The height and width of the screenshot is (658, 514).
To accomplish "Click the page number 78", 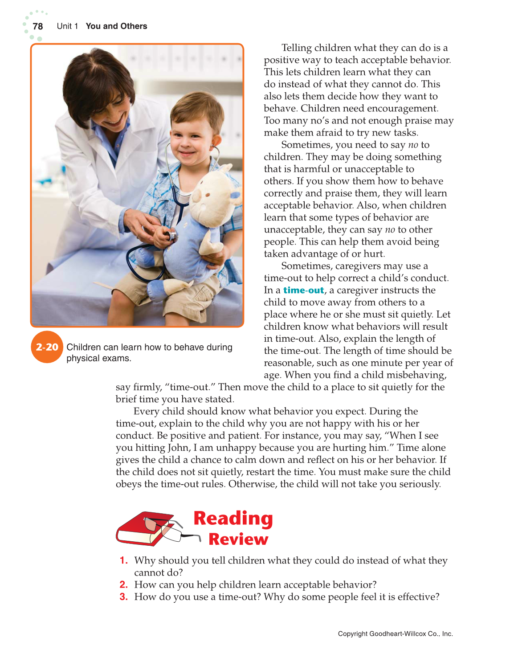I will (38, 26).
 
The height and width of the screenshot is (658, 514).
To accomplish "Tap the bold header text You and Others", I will (116, 26).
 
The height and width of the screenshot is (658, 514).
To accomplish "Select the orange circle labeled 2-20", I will (47, 347).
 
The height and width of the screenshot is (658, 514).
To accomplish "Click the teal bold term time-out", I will (304, 290).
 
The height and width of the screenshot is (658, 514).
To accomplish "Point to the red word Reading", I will (233, 519).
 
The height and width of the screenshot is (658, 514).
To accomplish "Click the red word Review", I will (238, 539).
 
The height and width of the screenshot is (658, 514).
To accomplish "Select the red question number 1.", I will (124, 560).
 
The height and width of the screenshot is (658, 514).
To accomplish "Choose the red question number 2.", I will (124, 584).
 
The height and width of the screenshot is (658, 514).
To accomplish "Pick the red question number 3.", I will (124, 597).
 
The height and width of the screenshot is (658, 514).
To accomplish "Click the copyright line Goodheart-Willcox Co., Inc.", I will (395, 633).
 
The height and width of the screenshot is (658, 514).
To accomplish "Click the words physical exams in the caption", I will (98, 358).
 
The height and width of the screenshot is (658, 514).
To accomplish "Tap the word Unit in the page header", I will (64, 26).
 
